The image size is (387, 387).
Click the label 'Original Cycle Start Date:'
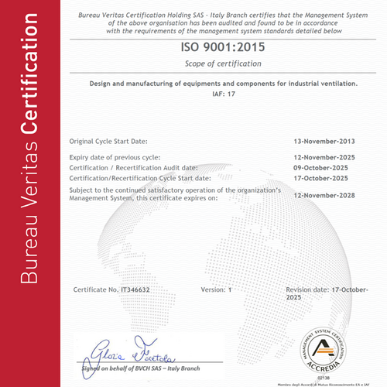(x=108, y=142)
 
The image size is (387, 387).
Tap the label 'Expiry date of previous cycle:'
(x=115, y=157)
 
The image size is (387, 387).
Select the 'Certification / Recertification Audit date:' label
(x=133, y=167)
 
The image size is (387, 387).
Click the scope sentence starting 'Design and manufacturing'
(x=223, y=82)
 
